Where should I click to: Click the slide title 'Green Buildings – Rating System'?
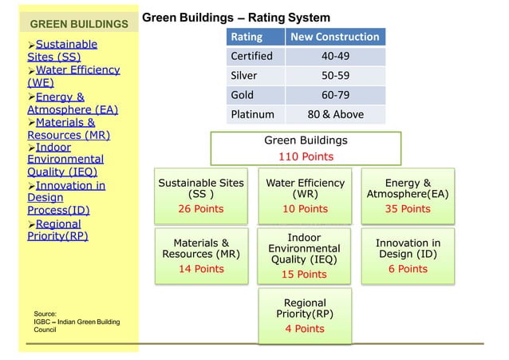[236, 18]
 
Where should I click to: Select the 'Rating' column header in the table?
[246, 37]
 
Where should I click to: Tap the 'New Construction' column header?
[334, 37]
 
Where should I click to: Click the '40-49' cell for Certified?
[334, 57]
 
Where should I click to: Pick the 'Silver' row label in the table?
[243, 76]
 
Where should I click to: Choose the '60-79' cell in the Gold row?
[334, 95]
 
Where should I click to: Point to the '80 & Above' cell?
[334, 114]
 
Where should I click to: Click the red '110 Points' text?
[306, 156]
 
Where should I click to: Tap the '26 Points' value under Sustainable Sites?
[200, 209]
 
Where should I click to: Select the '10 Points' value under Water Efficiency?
[306, 209]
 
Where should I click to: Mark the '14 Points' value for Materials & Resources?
[200, 269]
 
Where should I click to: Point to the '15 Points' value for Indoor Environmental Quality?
[306, 275]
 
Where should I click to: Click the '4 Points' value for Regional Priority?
[305, 329]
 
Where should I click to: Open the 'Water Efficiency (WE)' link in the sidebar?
[73, 76]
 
